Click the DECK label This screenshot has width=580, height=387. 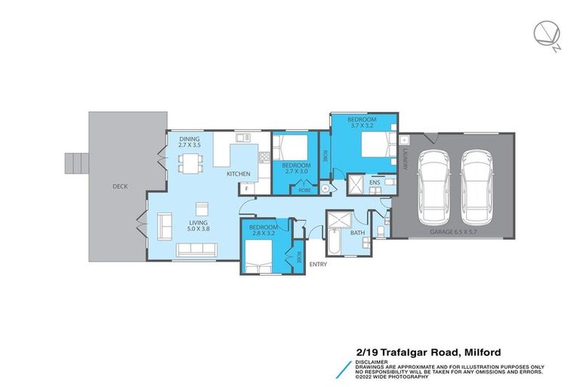[119, 186]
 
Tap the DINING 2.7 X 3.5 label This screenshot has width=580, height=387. [190, 143]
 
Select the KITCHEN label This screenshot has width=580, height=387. [239, 175]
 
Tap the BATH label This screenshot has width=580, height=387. [357, 233]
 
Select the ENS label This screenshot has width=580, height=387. [374, 183]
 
